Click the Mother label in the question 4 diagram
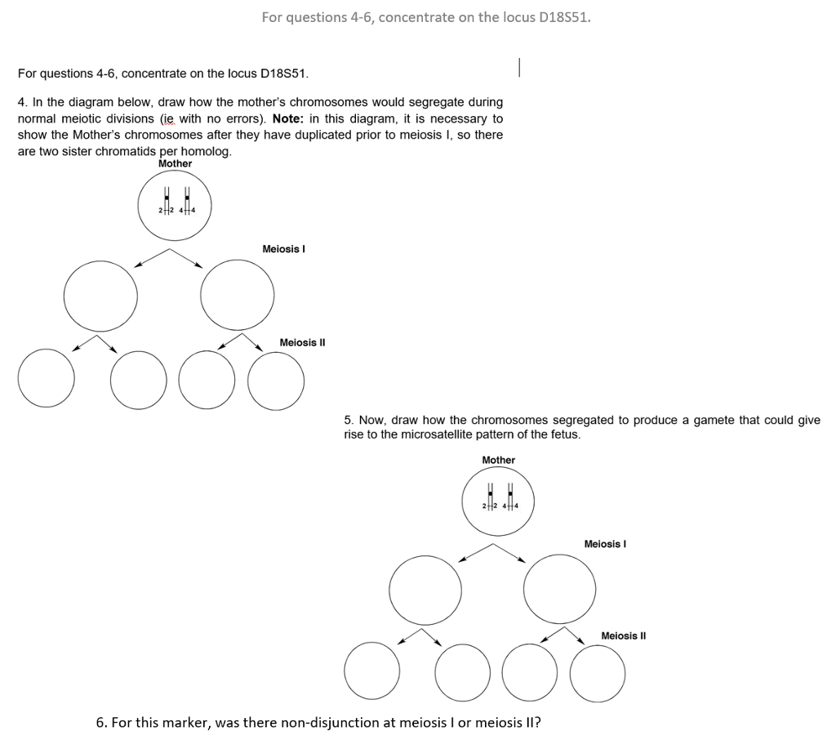tap(175, 163)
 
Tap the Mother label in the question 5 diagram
tap(498, 460)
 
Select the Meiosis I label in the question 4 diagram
tap(283, 248)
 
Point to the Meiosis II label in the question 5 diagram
tap(623, 635)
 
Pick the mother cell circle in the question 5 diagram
tap(498, 500)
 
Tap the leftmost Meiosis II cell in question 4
tap(47, 378)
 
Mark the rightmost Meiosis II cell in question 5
tap(598, 675)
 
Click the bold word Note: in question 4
tap(290, 118)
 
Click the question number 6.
tap(100, 723)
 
